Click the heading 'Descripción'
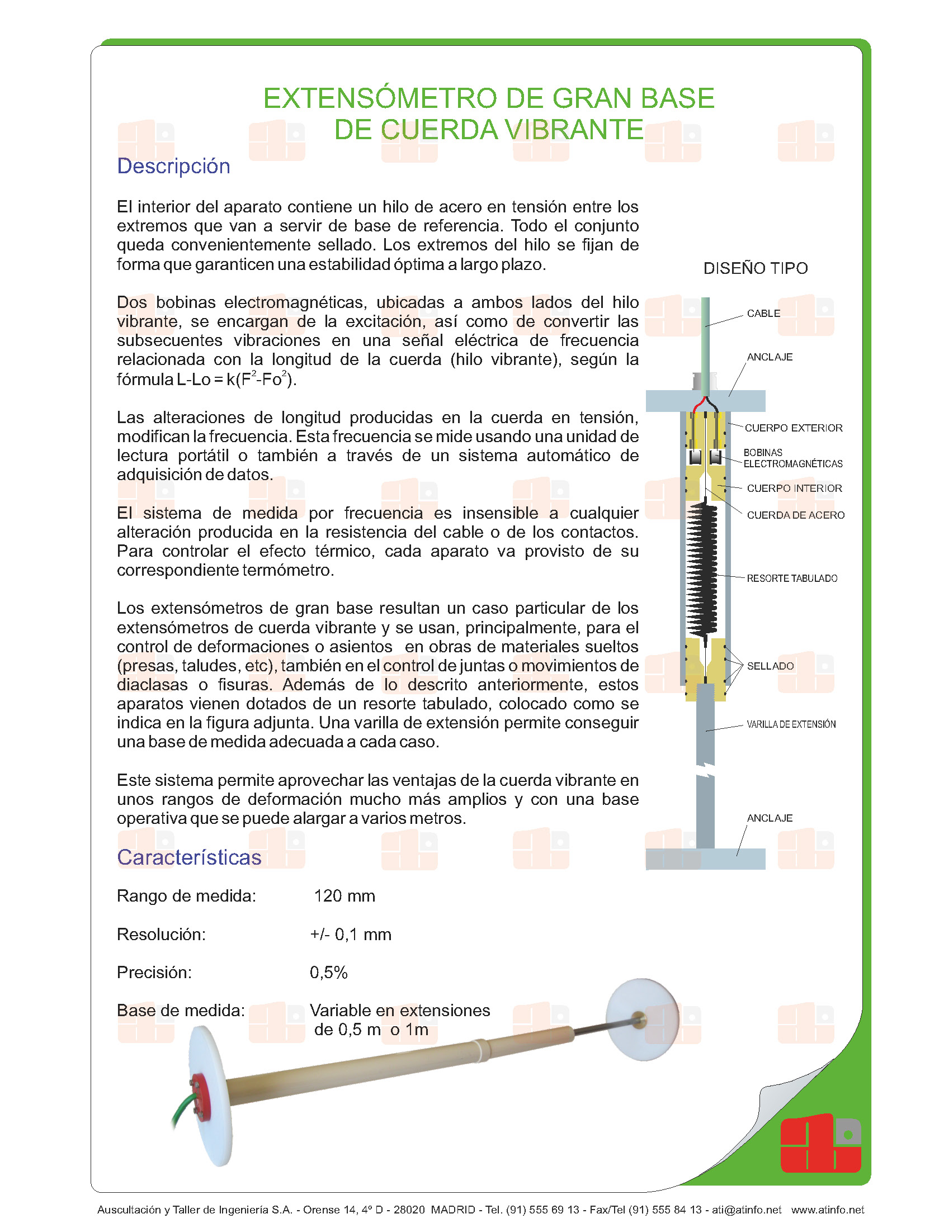173,167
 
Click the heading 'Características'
189,857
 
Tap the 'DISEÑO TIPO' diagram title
755,268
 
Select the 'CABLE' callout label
763,314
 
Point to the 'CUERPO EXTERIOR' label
793,428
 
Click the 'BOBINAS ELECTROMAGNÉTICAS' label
792,458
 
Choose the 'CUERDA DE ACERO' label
795,515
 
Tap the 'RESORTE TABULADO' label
792,579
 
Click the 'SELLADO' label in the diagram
770,666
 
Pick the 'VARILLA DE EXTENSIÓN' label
791,724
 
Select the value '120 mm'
344,896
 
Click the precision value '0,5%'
329,973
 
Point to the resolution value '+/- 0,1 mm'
351,935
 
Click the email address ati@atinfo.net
746,1210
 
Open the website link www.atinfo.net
827,1210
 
